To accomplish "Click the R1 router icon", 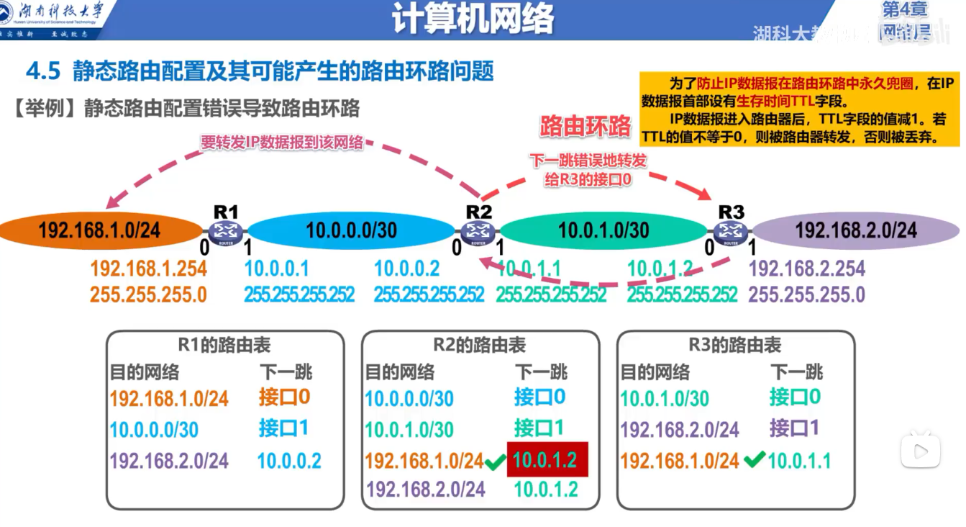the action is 226,231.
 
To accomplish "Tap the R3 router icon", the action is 731,231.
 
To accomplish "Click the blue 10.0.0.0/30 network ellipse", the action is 351,230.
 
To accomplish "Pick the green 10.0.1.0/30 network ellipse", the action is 603,230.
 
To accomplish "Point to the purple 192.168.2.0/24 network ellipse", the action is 856,230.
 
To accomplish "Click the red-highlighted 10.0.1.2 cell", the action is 547,459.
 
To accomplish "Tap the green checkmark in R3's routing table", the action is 753,459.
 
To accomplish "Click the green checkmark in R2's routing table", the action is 494,461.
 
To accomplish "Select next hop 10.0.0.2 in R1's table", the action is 289,461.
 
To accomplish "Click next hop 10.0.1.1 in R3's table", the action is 799,461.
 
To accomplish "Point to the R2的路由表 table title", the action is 479,346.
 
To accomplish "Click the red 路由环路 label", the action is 585,126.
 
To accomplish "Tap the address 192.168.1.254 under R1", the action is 148,269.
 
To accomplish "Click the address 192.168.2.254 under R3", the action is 806,269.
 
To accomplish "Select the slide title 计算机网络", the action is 473,20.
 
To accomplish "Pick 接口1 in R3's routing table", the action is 795,428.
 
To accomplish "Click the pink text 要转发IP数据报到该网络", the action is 282,143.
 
